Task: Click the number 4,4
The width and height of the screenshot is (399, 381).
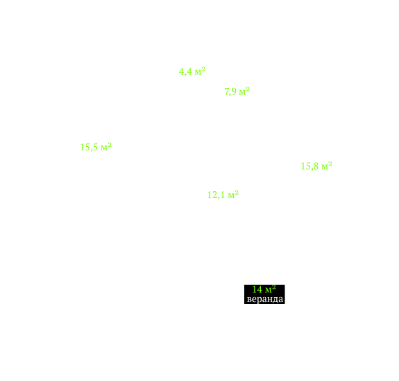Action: point(185,71)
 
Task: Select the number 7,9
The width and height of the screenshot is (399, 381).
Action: point(230,91)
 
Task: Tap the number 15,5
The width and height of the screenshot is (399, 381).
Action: point(89,148)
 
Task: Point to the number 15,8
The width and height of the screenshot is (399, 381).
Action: point(309,166)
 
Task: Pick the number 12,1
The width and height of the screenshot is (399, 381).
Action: point(216,195)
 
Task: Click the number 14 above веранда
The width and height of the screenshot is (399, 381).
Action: point(257,290)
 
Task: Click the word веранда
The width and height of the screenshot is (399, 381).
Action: point(265,299)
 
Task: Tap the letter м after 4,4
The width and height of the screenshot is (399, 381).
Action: point(198,72)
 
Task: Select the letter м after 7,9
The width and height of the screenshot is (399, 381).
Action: point(242,92)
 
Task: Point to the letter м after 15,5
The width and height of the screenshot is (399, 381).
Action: point(104,148)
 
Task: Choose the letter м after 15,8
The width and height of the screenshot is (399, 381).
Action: point(325,167)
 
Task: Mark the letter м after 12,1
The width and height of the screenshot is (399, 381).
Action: point(231,196)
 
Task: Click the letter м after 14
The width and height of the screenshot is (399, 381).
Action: point(269,290)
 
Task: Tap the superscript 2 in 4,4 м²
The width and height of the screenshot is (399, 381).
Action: point(203,69)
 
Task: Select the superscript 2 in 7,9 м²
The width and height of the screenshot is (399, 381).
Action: point(248,89)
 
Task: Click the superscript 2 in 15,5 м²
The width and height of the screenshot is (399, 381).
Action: point(110,145)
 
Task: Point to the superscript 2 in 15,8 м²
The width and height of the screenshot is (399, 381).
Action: point(330,163)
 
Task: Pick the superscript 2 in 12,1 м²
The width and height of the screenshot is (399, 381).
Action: point(237,193)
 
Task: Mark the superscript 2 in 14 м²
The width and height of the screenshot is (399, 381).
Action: point(274,287)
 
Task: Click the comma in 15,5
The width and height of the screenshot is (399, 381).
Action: point(91,150)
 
